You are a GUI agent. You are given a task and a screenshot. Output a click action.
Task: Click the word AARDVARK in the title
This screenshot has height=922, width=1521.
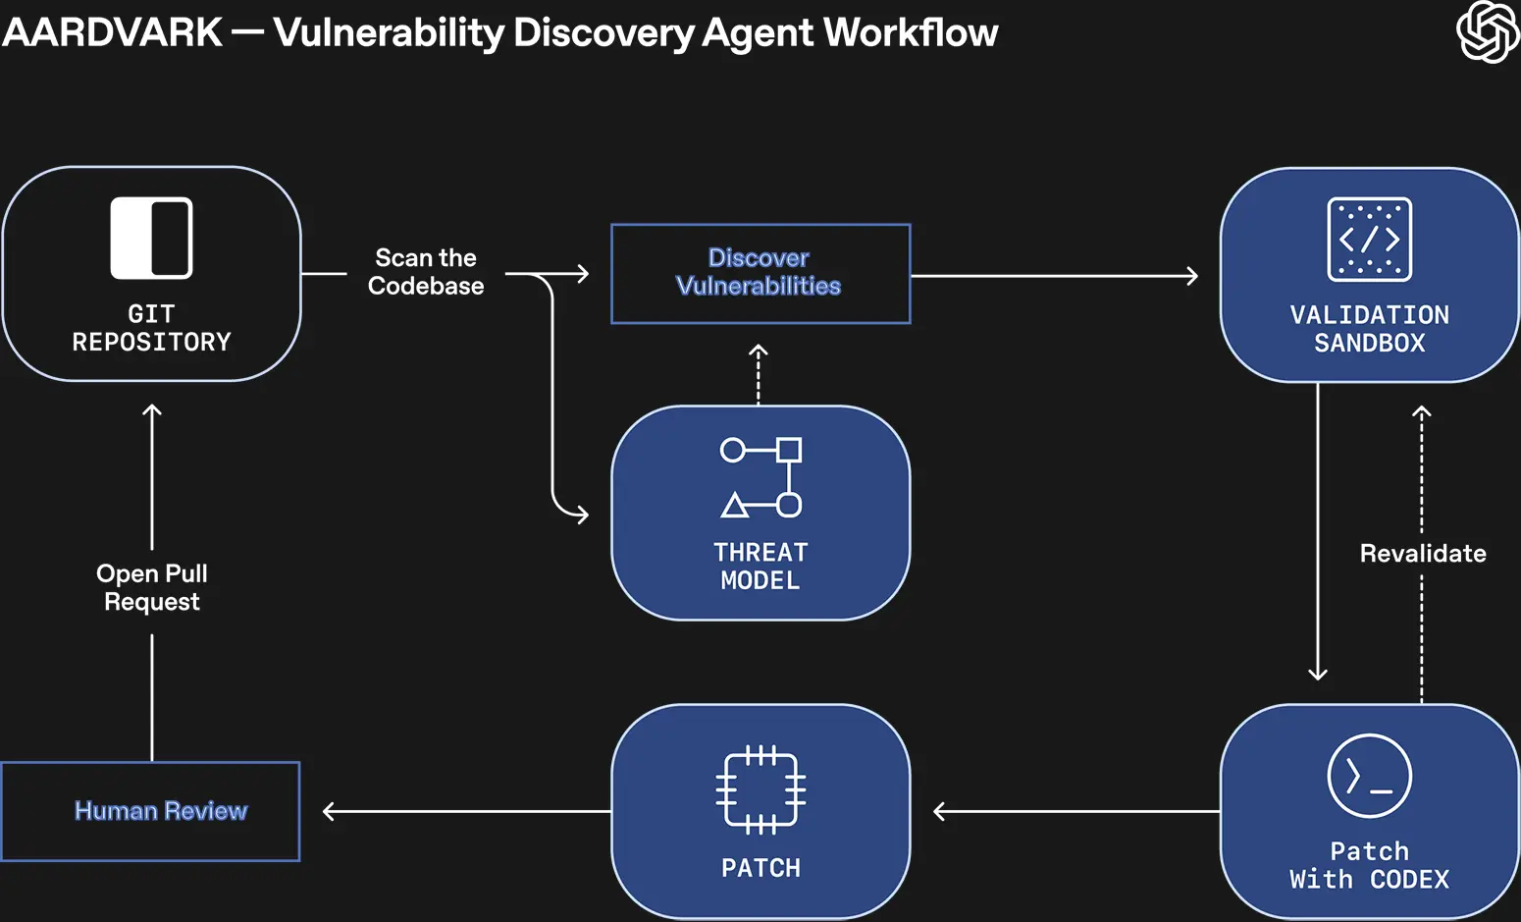click(113, 32)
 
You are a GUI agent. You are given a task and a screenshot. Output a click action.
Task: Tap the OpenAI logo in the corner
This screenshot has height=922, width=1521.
click(1487, 32)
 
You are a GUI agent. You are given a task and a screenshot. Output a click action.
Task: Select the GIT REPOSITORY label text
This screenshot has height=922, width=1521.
click(151, 328)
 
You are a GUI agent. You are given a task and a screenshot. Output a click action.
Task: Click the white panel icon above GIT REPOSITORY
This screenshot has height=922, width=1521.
click(151, 239)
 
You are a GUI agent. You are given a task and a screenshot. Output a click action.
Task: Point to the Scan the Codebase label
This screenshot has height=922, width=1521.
click(426, 272)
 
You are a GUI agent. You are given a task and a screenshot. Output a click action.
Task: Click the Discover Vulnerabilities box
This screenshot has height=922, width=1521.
click(760, 273)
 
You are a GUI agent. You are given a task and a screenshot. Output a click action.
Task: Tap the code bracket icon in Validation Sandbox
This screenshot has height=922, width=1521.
click(1369, 240)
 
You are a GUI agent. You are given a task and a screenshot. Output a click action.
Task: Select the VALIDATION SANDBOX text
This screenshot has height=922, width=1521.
click(1369, 329)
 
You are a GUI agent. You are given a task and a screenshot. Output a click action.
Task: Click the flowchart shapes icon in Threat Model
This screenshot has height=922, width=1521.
click(760, 477)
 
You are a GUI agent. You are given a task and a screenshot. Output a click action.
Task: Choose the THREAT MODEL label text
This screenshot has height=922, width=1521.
click(760, 567)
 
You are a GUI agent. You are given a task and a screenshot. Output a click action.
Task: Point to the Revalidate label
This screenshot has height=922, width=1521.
click(1422, 554)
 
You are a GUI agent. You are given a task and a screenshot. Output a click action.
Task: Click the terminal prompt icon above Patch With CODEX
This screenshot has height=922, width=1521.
click(1369, 776)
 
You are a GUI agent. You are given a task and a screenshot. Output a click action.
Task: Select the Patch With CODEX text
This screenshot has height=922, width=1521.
click(1369, 865)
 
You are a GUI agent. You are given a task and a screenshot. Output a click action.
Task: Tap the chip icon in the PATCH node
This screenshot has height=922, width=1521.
click(760, 789)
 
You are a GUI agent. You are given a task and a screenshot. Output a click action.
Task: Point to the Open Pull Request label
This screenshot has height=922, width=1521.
click(152, 587)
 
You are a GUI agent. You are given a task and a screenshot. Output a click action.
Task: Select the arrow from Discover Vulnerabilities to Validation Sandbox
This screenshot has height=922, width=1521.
click(1055, 276)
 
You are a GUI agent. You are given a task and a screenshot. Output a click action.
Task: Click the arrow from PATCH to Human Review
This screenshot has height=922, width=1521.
click(466, 811)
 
